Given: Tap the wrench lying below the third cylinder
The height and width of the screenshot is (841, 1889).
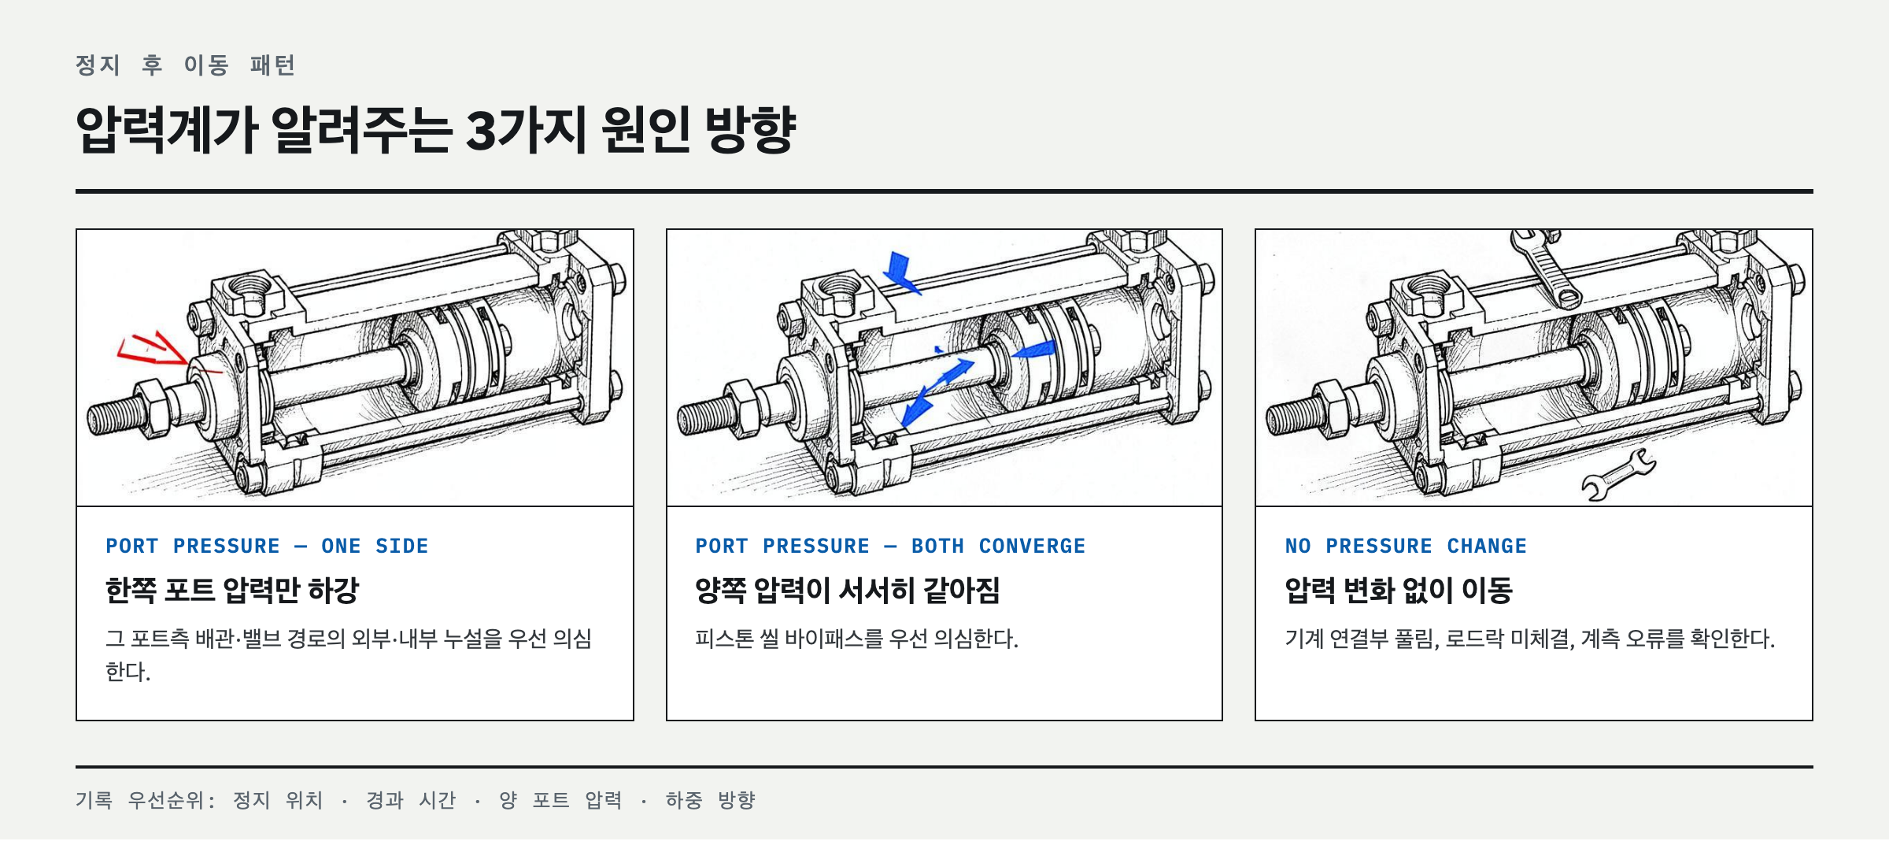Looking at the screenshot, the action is coord(1618,476).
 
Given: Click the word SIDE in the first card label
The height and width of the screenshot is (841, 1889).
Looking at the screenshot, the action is coord(402,546).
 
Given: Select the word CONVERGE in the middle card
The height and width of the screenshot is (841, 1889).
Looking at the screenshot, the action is coord(1032,546).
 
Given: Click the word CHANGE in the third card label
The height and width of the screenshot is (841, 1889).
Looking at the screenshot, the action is coord(1487,546).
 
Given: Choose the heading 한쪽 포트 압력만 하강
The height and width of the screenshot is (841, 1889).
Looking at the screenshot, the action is coord(232,590).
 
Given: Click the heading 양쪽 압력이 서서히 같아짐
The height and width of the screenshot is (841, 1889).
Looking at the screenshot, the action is coord(847,590).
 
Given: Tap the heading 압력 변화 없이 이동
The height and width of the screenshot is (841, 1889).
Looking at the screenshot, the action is coord(1399,590).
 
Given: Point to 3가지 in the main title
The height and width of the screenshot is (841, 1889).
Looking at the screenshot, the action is coord(527,130).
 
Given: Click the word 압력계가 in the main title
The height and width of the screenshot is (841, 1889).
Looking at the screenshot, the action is coord(167,130).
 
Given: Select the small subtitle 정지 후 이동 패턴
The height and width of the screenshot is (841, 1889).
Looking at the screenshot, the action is coord(185,65).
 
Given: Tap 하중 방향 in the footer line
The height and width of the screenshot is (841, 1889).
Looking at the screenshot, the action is coord(710,800).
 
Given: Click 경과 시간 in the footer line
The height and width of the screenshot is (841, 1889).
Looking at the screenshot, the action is coord(411,800).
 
